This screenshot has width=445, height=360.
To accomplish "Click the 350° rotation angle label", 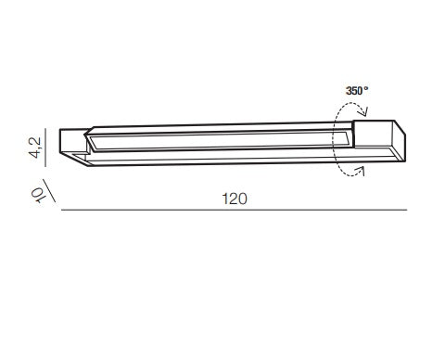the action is click(x=357, y=91).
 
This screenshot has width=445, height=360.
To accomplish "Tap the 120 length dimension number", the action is click(x=235, y=199).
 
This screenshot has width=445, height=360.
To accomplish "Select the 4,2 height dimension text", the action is click(x=36, y=148).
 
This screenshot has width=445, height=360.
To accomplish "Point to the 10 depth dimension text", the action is click(x=37, y=195).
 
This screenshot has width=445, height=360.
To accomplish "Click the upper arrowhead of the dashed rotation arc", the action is click(x=364, y=111).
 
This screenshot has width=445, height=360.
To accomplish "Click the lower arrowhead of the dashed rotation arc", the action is click(x=361, y=170).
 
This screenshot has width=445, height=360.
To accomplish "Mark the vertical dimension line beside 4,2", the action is click(x=45, y=148).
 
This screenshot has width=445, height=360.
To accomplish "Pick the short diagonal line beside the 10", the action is click(x=49, y=191).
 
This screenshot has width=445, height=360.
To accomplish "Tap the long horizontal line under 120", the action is click(x=234, y=210).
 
